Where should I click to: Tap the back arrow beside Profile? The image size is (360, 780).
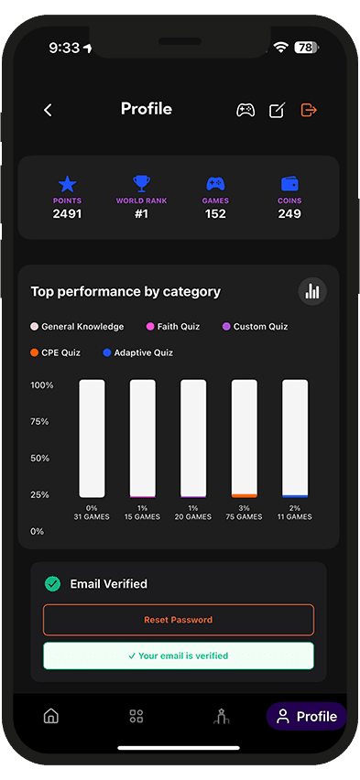point(48,110)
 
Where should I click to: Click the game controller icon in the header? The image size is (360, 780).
point(245,110)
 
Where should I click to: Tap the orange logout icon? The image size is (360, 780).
point(309,110)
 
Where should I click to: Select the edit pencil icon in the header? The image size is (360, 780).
point(277,110)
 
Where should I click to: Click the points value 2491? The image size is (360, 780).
point(67,214)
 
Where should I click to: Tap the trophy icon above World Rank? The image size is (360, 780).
point(141,183)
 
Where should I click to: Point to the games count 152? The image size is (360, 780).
point(215,214)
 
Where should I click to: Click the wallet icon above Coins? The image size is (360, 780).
point(289,183)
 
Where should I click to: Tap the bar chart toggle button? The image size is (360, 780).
point(312,291)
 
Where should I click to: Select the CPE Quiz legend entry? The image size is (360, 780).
point(56,352)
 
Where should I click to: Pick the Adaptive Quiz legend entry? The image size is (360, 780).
point(138,352)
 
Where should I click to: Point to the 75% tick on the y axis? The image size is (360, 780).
point(39,421)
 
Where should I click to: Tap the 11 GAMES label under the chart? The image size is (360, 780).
point(294,517)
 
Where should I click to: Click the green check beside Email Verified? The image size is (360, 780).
point(53,583)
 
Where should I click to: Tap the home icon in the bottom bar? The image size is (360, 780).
point(51,716)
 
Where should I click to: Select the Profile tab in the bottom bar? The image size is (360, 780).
point(307,716)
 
